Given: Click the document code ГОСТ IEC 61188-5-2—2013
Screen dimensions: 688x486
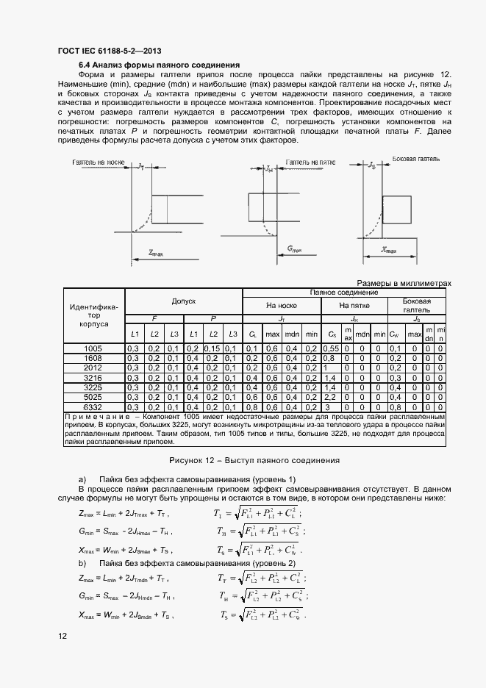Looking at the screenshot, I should click(109, 51).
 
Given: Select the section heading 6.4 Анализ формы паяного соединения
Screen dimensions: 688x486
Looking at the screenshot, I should click(150, 65).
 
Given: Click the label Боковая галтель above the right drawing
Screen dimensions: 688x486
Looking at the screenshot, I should click(416, 159).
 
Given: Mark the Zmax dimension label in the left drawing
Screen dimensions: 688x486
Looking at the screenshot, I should click(155, 252).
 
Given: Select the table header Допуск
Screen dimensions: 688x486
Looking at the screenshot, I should click(183, 301).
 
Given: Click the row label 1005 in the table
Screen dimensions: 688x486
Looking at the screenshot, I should click(93, 348).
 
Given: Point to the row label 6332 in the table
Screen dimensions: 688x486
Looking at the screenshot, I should click(93, 406).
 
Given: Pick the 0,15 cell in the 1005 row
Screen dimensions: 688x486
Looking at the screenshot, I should click(212, 348).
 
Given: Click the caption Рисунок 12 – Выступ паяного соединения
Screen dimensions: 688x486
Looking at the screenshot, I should click(254, 460).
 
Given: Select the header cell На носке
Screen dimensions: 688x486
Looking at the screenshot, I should click(282, 305).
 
